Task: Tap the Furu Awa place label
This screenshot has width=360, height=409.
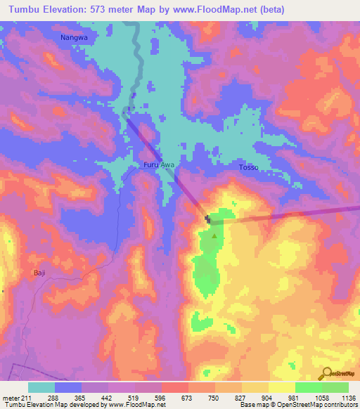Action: [x=158, y=165]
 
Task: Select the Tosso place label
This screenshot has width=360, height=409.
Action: [x=249, y=168]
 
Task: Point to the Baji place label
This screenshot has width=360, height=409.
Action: [x=39, y=272]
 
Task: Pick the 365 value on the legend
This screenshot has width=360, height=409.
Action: [x=82, y=397]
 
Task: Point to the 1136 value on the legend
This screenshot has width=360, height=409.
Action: [x=348, y=397]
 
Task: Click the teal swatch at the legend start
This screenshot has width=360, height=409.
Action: [x=41, y=387]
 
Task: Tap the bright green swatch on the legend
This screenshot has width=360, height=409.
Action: [x=308, y=387]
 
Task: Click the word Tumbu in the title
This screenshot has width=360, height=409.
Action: [x=19, y=9]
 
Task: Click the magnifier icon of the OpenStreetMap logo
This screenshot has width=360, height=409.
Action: [x=326, y=372]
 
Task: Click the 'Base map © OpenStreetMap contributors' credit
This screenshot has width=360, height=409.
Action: [x=299, y=405]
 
